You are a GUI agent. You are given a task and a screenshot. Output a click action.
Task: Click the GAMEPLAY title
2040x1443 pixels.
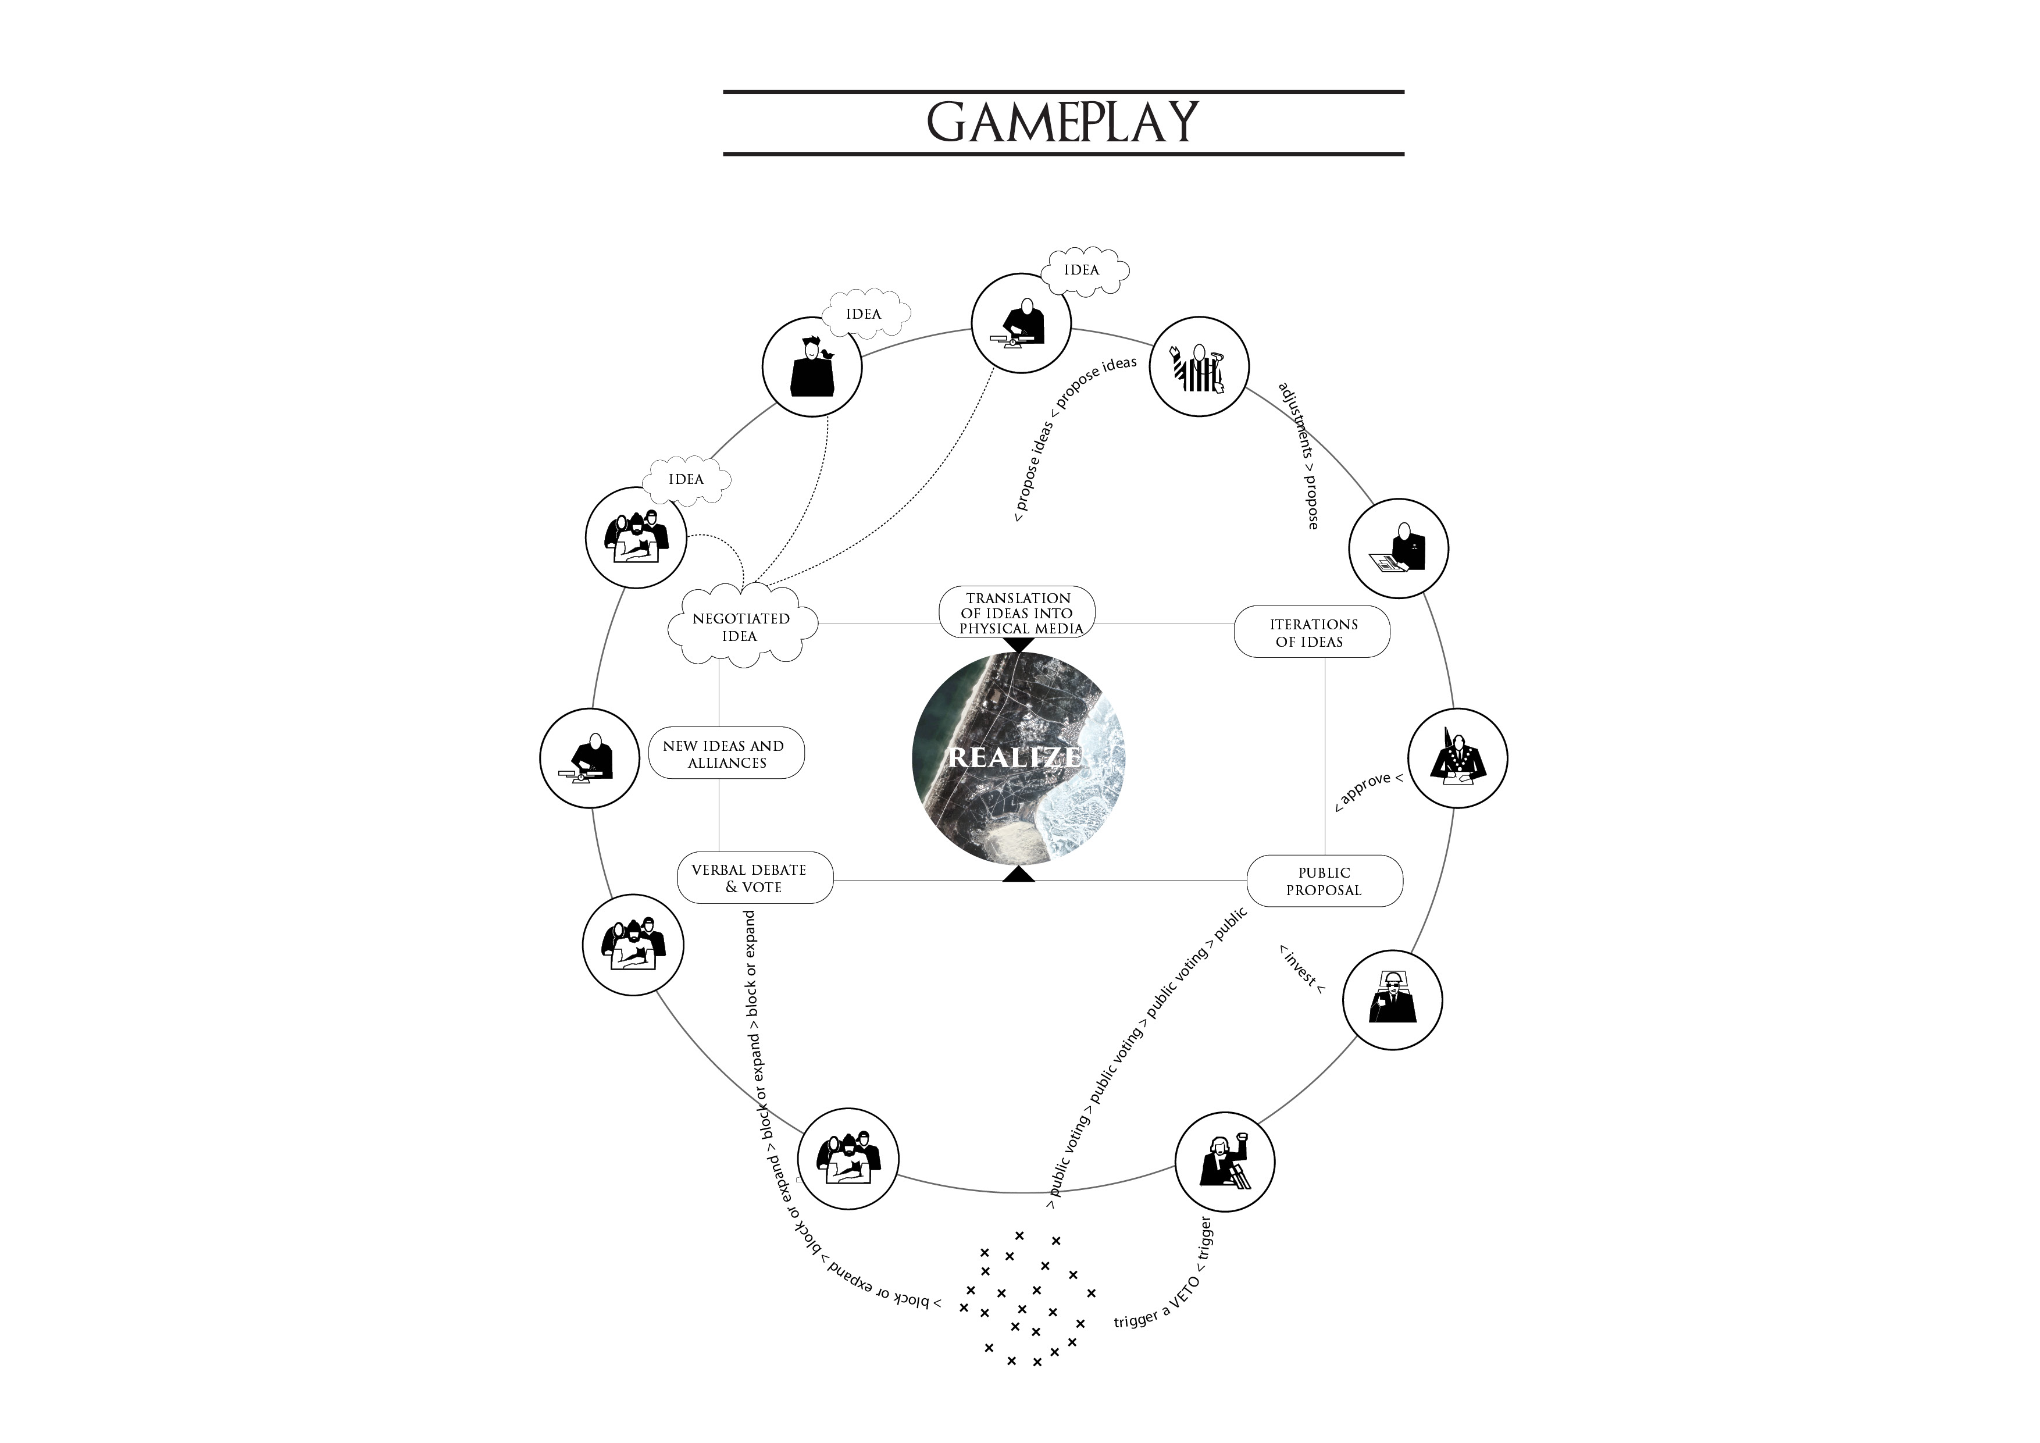click(1062, 123)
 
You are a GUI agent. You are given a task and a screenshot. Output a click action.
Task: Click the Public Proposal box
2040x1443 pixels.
click(1324, 881)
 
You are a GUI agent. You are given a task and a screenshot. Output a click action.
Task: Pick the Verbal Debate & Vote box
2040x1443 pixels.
click(754, 878)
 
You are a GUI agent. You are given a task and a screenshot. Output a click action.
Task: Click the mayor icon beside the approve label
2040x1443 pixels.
click(1457, 758)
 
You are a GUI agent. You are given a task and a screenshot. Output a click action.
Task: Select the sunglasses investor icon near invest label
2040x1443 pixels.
click(1392, 1000)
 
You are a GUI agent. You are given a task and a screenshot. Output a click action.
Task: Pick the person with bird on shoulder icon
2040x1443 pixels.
click(812, 367)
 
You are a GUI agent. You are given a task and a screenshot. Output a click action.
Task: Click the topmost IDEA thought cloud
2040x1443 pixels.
click(1083, 270)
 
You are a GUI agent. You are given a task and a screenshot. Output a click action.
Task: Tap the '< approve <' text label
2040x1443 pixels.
click(1368, 791)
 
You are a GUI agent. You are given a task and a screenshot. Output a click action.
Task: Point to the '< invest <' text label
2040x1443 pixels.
click(1301, 970)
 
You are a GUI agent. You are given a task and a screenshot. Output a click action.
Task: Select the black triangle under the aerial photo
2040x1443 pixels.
click(1019, 875)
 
